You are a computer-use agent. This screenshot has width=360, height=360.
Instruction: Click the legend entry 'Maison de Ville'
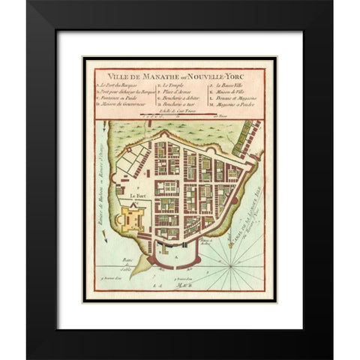(x=231, y=93)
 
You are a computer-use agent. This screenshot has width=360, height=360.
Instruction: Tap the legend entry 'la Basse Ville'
(x=229, y=86)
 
